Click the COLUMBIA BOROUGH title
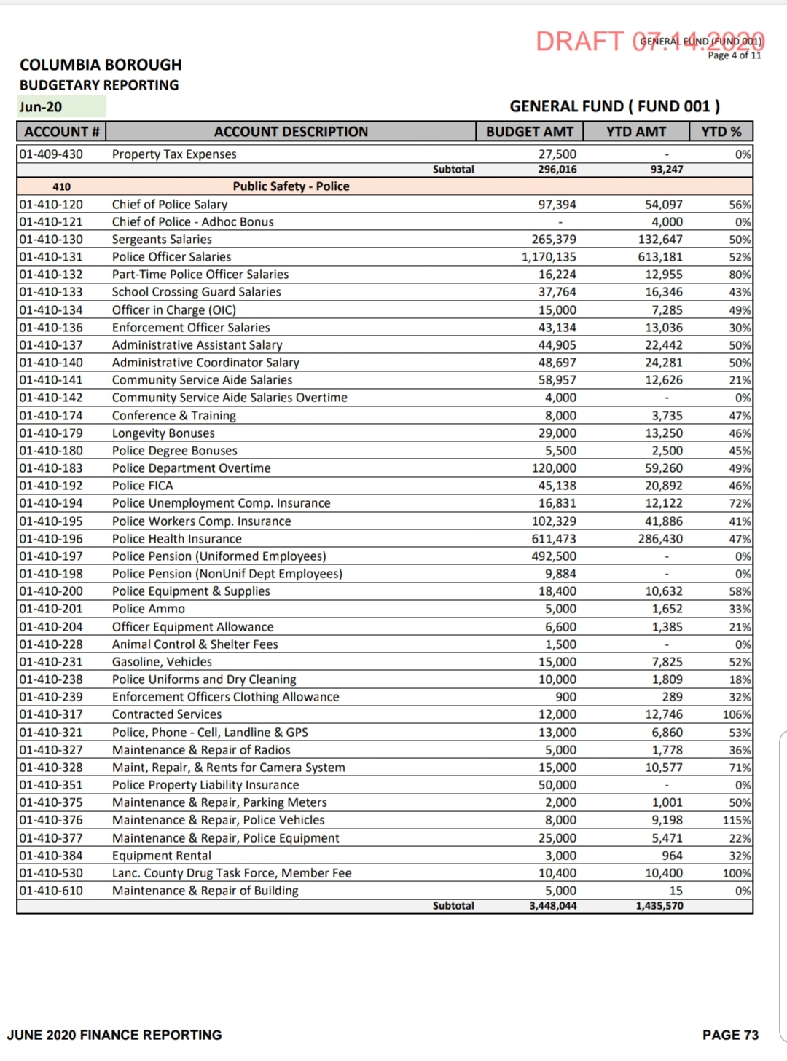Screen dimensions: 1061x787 [101, 65]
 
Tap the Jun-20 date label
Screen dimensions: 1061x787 [41, 107]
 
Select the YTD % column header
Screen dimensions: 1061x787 [721, 132]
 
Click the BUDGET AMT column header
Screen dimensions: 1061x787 [530, 132]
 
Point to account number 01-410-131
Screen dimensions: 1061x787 [51, 257]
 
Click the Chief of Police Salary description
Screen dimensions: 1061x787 [169, 205]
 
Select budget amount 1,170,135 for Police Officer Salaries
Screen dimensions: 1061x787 [549, 257]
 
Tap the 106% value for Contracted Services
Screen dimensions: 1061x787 [737, 714]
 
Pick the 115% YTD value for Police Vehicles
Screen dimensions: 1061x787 [737, 820]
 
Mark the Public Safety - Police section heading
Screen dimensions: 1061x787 [291, 186]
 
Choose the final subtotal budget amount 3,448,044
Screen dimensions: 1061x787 [552, 906]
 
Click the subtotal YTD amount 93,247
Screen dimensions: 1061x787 [666, 170]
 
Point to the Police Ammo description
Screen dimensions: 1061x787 [149, 609]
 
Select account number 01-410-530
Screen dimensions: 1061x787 [51, 873]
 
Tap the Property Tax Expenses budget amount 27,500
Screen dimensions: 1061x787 [557, 154]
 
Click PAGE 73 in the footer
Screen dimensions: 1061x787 [730, 1035]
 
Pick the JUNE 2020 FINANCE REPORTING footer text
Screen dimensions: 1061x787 [114, 1035]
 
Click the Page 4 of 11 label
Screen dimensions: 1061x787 [735, 55]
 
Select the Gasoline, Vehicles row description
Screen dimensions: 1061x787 [162, 662]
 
